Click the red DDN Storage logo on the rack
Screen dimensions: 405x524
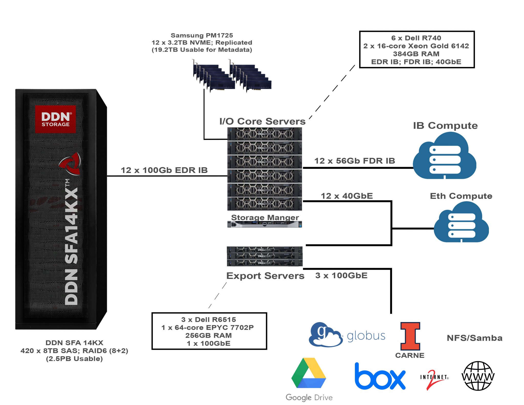click(56, 119)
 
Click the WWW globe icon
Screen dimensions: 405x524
click(478, 376)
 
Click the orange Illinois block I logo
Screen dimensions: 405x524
click(410, 336)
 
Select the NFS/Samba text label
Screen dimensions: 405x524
click(474, 338)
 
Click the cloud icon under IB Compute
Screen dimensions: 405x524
click(444, 156)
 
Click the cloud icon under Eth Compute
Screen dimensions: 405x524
click(461, 222)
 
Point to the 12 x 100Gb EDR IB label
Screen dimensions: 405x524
click(164, 170)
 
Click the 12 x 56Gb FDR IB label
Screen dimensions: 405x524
click(355, 161)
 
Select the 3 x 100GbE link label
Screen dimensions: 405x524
click(341, 276)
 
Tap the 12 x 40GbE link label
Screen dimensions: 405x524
click(347, 196)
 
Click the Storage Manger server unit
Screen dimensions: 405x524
click(265, 224)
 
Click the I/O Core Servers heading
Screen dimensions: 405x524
click(262, 121)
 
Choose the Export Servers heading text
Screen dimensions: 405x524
click(265, 276)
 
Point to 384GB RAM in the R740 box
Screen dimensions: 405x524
click(416, 54)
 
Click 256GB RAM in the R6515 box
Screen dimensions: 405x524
click(209, 335)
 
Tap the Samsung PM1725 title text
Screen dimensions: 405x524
click(202, 35)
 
